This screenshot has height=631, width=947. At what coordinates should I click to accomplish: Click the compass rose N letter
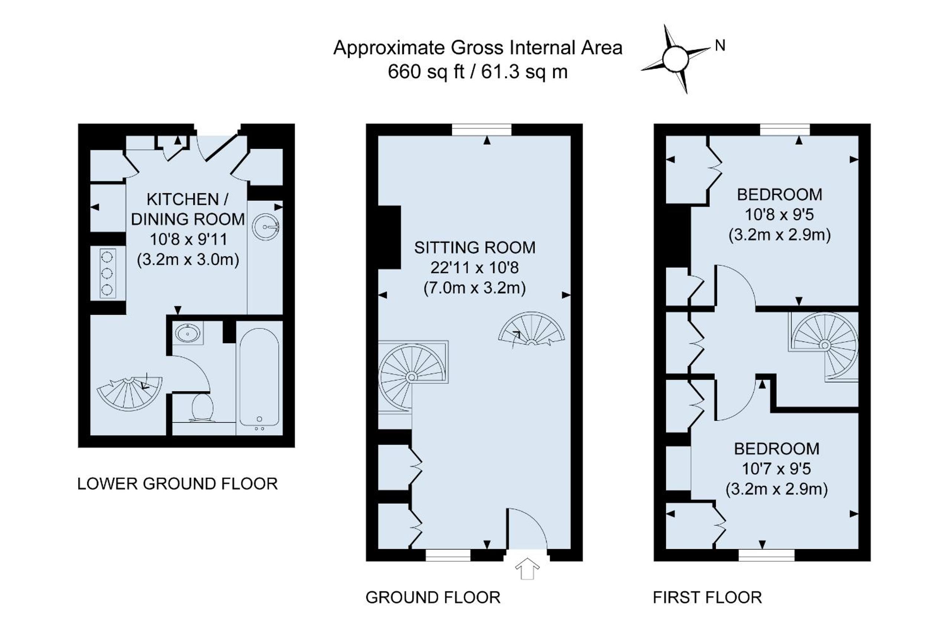click(x=720, y=46)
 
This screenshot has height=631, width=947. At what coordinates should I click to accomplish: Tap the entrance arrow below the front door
click(x=527, y=569)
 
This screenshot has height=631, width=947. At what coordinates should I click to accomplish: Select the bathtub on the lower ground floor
click(x=259, y=377)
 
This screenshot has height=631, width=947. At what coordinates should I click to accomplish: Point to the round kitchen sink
click(x=266, y=227)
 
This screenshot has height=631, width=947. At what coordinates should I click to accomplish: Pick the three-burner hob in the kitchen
click(x=108, y=273)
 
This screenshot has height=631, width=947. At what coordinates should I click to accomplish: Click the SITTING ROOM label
click(x=475, y=247)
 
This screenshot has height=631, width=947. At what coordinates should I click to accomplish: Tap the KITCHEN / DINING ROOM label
click(x=188, y=209)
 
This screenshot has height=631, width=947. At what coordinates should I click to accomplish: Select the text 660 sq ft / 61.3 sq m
click(x=478, y=72)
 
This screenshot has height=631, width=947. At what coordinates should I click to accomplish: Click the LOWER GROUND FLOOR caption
click(x=177, y=484)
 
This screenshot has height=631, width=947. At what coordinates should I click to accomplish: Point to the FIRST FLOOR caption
click(x=707, y=598)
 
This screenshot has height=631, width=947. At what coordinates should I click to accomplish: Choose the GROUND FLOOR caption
click(x=433, y=598)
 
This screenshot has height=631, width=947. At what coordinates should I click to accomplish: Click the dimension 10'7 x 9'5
click(x=776, y=469)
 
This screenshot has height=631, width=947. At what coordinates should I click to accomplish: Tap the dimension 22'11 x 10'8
click(x=475, y=267)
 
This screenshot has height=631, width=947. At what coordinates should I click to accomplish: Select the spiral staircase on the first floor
click(x=823, y=346)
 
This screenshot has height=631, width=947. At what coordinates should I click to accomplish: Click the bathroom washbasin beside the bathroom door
click(x=188, y=333)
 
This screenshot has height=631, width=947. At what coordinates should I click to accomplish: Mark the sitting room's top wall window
click(x=481, y=129)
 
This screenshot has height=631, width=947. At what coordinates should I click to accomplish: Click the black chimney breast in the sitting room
click(x=389, y=237)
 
